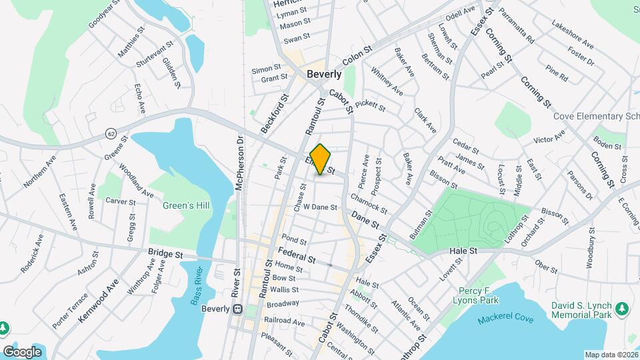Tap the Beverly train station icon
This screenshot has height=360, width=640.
[236, 309]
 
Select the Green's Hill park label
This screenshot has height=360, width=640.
[186, 206]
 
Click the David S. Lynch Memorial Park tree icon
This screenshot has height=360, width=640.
[621, 308]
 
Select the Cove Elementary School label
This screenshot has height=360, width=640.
[596, 116]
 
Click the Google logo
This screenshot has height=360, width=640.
[23, 351]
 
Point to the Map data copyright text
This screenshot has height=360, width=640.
[611, 355]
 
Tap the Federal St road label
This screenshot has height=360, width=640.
[296, 254]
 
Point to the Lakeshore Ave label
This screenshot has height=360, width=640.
[573, 34]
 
